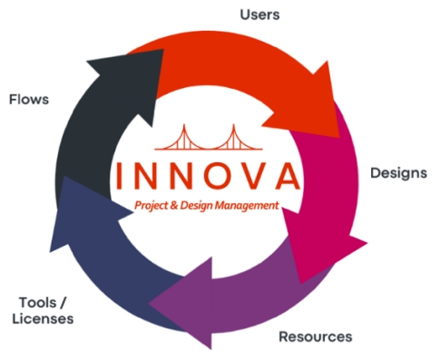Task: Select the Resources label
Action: (x=315, y=336)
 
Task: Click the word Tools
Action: (x=36, y=302)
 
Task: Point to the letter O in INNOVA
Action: (x=213, y=177)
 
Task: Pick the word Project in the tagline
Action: (x=152, y=207)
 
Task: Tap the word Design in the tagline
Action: (x=198, y=207)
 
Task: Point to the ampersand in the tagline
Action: (x=176, y=207)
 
